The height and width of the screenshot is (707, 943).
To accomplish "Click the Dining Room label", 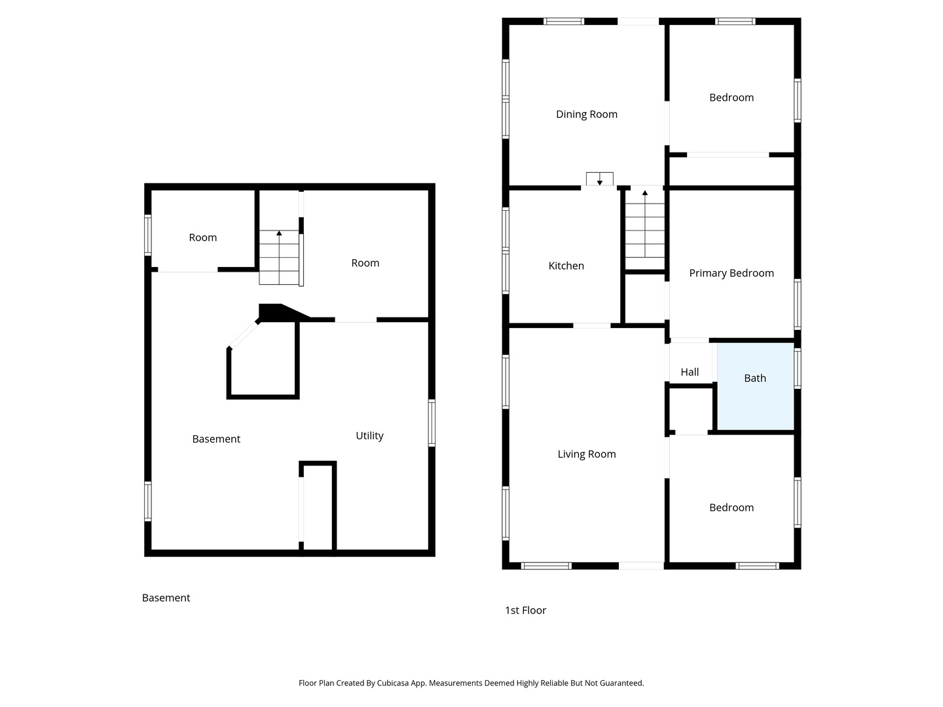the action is [586, 114].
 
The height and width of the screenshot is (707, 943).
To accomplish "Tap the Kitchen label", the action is [566, 266].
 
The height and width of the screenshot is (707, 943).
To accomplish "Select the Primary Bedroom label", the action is [731, 273].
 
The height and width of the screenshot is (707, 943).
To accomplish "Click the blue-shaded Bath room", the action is [755, 386].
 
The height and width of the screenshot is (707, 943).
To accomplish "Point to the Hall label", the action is [690, 372].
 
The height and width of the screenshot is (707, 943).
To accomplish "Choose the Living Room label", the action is [586, 454].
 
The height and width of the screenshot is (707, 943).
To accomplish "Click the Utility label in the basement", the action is [369, 436].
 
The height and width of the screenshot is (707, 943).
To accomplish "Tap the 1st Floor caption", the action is [525, 610].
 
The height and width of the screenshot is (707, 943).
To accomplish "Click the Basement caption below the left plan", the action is [166, 598].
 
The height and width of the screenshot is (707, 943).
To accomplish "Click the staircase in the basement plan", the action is [279, 257].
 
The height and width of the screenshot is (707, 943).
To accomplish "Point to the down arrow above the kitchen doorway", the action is [600, 179].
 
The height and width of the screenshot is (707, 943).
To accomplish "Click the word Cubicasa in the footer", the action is [393, 683].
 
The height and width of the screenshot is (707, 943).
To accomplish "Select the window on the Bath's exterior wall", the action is [798, 369].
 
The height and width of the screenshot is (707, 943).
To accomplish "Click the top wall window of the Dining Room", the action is [564, 22].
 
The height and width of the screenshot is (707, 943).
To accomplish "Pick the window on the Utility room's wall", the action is [432, 423].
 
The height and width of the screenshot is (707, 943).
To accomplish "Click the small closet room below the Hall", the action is [691, 410].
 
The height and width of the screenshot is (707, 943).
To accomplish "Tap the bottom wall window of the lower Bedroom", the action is [757, 566].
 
